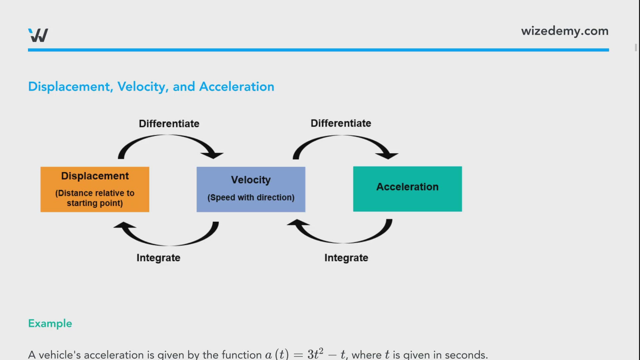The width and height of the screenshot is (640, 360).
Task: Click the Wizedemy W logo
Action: click(38, 35)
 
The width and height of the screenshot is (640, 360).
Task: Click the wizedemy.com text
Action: click(565, 31)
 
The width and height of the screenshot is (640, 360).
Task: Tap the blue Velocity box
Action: click(251, 189)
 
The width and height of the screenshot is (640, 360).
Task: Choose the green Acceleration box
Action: click(407, 189)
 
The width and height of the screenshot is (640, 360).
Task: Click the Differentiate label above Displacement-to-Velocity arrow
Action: click(169, 124)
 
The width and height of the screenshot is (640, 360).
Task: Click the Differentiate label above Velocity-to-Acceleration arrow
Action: click(341, 123)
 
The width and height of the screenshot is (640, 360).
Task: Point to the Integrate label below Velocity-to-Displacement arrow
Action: click(158, 258)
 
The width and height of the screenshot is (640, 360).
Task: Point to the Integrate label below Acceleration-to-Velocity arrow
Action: click(346, 258)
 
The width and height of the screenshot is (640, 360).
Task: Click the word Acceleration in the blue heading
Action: click(236, 87)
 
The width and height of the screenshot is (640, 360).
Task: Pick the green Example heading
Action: click(50, 323)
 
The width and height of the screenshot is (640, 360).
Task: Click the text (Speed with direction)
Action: click(251, 197)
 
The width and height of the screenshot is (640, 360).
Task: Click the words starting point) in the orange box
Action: click(95, 203)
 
